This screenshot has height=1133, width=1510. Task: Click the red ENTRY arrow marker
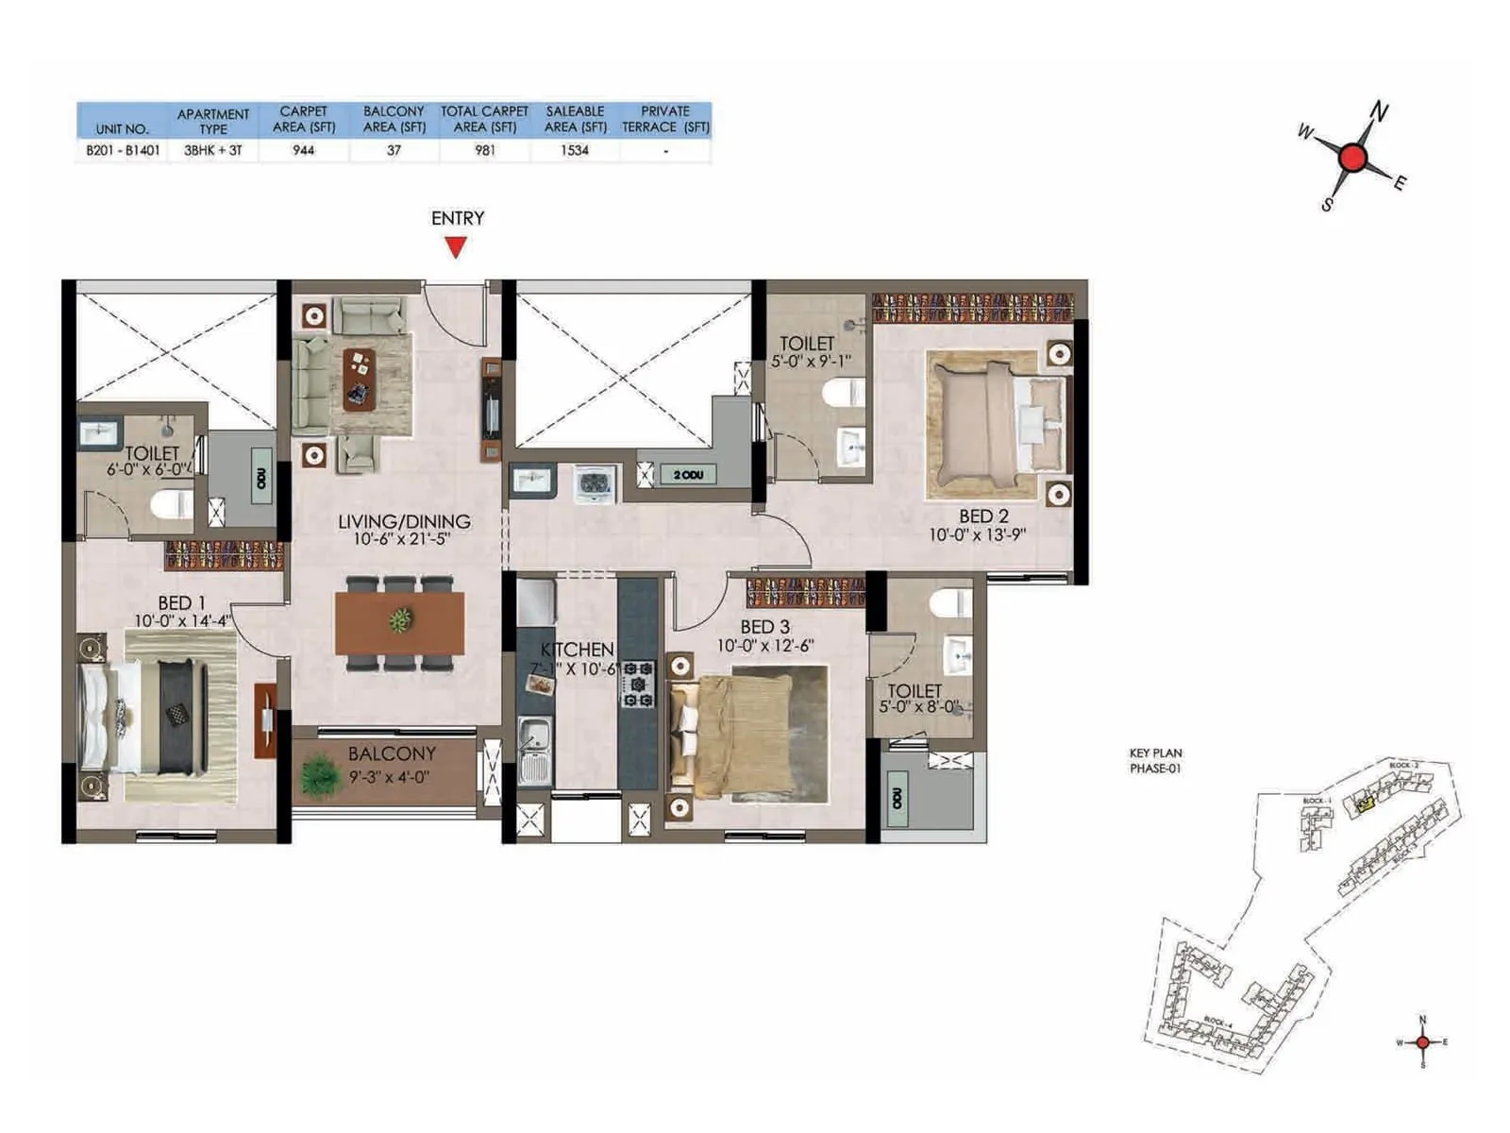pyautogui.click(x=456, y=247)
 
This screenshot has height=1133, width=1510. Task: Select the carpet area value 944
pyautogui.click(x=303, y=150)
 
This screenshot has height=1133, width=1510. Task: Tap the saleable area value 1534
pyautogui.click(x=574, y=150)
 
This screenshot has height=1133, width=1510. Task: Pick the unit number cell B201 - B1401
pyautogui.click(x=123, y=150)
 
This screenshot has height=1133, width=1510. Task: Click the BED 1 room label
pyautogui.click(x=181, y=602)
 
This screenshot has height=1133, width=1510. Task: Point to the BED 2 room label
pyautogui.click(x=983, y=516)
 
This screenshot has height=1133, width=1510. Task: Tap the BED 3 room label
pyautogui.click(x=764, y=627)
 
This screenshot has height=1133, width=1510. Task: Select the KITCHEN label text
pyautogui.click(x=577, y=650)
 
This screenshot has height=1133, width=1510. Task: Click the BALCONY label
pyautogui.click(x=392, y=753)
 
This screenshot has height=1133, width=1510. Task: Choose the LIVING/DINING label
pyautogui.click(x=404, y=521)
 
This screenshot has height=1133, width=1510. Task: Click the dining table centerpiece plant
pyautogui.click(x=400, y=620)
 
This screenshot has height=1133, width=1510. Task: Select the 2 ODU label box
pyautogui.click(x=688, y=475)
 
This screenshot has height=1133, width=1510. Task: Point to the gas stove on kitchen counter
pyautogui.click(x=637, y=685)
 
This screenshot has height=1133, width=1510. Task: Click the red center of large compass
pyautogui.click(x=1352, y=158)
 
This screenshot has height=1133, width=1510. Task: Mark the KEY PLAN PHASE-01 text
pyautogui.click(x=1155, y=761)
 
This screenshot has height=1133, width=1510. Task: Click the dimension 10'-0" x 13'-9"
pyautogui.click(x=978, y=535)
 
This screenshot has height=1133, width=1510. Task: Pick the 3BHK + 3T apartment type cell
pyautogui.click(x=213, y=150)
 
